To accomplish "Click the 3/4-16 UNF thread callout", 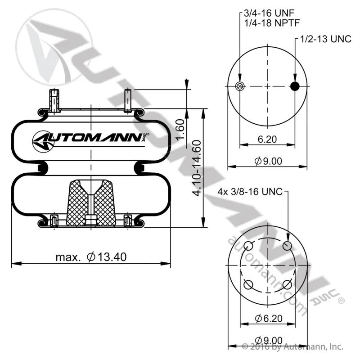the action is pos(269,13).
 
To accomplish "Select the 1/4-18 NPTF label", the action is pos(272,23).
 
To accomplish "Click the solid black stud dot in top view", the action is pos(295,86).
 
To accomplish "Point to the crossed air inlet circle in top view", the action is pos(240,86).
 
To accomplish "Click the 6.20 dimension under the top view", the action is pos(267,139).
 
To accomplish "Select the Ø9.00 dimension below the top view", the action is pos(268,161).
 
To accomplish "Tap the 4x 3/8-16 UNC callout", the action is pos(250,192).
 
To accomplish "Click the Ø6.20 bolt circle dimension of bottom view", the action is pos(269,318).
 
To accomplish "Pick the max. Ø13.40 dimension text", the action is pos(91,257).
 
